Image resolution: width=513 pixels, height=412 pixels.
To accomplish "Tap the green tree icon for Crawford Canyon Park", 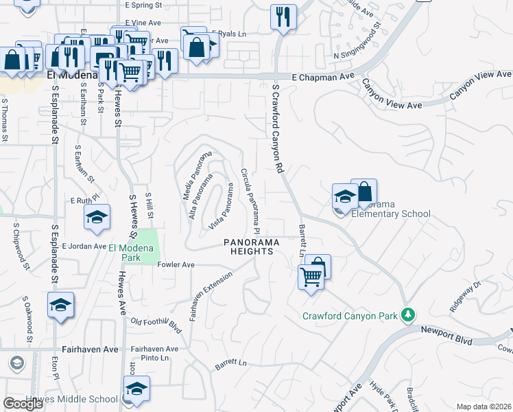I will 409,315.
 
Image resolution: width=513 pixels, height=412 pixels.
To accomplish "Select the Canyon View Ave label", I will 392,95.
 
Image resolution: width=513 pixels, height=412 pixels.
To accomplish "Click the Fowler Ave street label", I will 176,265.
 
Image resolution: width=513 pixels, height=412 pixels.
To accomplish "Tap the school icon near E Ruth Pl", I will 97,217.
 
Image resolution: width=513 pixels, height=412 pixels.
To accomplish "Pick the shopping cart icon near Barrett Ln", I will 311,277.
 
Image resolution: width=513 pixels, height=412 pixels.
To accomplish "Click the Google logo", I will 23,404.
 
